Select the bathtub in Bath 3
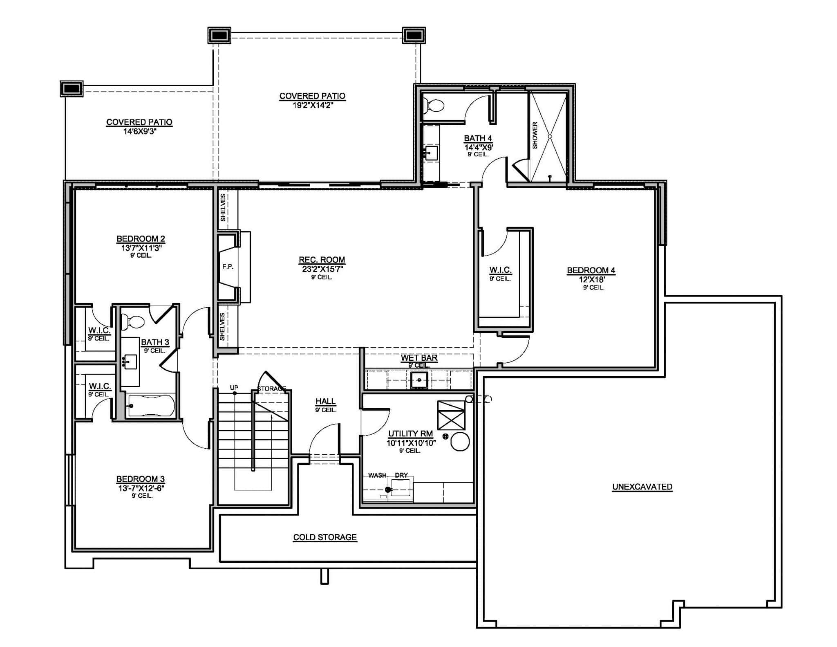pyautogui.click(x=151, y=406)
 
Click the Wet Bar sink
pyautogui.click(x=419, y=380)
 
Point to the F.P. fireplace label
pyautogui.click(x=228, y=267)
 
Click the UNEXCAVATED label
pyautogui.click(x=642, y=487)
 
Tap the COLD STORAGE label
pyautogui.click(x=325, y=537)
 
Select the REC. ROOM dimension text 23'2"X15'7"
pyautogui.click(x=322, y=269)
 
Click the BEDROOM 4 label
pyautogui.click(x=591, y=270)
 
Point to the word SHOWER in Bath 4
pyautogui.click(x=535, y=135)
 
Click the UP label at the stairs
pyautogui.click(x=234, y=387)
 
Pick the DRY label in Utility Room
pyautogui.click(x=401, y=475)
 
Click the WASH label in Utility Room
pyautogui.click(x=377, y=475)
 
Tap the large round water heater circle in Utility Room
pyautogui.click(x=460, y=442)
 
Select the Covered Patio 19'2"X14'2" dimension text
pyautogui.click(x=312, y=105)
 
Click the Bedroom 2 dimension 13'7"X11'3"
pyautogui.click(x=141, y=247)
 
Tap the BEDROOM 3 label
pyautogui.click(x=140, y=479)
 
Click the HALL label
pyautogui.click(x=325, y=401)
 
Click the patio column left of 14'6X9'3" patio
pyautogui.click(x=72, y=88)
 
